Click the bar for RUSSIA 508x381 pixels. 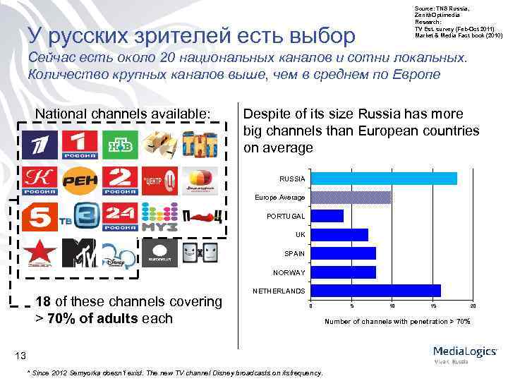pos(384,179)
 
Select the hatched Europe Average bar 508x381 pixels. pos(351,198)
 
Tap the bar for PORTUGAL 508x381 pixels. pos(327,216)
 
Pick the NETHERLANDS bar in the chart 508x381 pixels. pos(375,291)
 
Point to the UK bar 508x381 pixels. pos(339,234)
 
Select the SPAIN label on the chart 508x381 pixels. pos(294,253)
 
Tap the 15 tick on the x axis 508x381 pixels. pos(433,306)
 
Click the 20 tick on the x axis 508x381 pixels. pos(473,306)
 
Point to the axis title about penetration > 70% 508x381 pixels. pos(397,322)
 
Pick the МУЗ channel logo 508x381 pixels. pos(158,217)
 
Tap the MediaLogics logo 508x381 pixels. pos(465,353)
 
